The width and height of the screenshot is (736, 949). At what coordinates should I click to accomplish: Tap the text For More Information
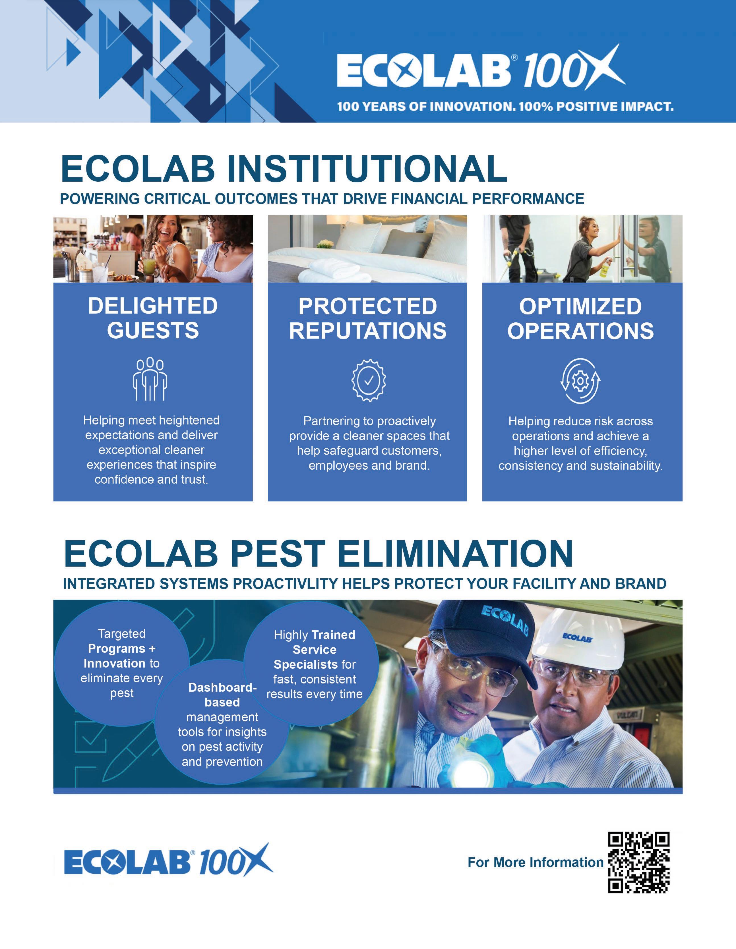536,862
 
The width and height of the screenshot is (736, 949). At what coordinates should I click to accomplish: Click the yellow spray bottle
605,270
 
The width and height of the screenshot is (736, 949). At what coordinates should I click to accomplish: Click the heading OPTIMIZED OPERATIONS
580,318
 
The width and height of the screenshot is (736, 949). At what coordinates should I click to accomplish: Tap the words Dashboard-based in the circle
223,695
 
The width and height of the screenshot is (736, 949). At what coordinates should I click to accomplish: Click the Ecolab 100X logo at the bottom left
168,860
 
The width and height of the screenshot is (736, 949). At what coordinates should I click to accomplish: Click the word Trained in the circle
333,635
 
